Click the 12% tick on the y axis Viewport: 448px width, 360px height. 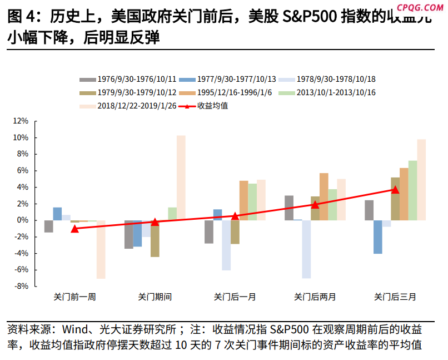click(x=21, y=121)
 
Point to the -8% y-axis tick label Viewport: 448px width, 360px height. click(x=21, y=286)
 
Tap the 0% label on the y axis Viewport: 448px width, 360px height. click(x=23, y=220)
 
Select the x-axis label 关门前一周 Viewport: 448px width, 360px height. click(x=74, y=297)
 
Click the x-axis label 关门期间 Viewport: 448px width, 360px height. click(x=155, y=297)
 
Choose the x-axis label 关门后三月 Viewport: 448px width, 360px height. click(x=395, y=297)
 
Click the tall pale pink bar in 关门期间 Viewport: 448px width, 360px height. click(x=181, y=177)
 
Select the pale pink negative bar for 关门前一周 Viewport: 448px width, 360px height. click(x=101, y=249)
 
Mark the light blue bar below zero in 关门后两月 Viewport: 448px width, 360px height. click(x=306, y=249)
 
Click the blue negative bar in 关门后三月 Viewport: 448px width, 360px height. click(x=377, y=237)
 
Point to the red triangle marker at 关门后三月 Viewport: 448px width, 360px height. click(x=395, y=190)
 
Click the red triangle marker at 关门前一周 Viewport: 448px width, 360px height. click(x=75, y=229)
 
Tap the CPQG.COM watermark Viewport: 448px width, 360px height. click(x=421, y=7)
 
